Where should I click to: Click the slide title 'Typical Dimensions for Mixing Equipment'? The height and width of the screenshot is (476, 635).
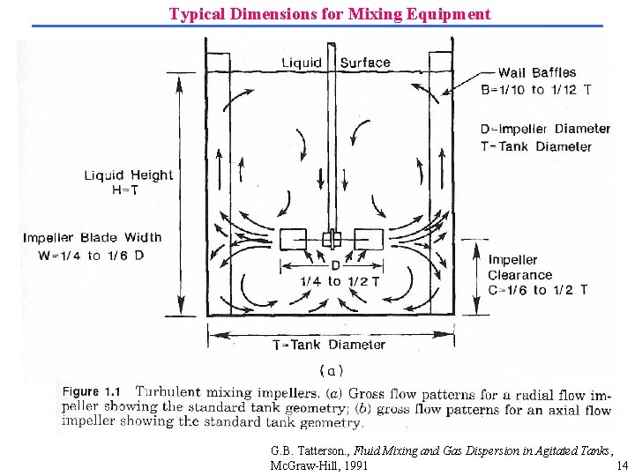[330, 14]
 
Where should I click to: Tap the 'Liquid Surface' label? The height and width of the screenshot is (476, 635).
[335, 63]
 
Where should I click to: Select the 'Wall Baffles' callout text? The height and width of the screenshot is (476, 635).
[537, 73]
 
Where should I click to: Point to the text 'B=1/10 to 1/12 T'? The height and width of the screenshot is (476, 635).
[536, 89]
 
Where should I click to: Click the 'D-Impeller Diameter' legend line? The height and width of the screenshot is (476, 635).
[546, 129]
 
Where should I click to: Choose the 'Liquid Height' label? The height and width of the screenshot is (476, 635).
[129, 175]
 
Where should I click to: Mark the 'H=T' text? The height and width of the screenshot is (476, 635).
[129, 190]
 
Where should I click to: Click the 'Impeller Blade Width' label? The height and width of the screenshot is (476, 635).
[93, 237]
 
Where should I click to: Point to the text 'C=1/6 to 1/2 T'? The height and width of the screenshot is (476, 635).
[539, 290]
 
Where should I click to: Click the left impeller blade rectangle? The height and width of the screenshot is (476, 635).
[295, 239]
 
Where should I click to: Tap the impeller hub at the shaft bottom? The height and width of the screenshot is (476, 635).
[331, 239]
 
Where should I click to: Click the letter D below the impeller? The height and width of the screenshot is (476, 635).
[335, 265]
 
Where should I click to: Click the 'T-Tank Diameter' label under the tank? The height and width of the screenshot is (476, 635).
[329, 345]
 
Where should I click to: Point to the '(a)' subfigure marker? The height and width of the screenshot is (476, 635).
[331, 370]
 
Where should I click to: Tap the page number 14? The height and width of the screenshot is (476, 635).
[622, 465]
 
